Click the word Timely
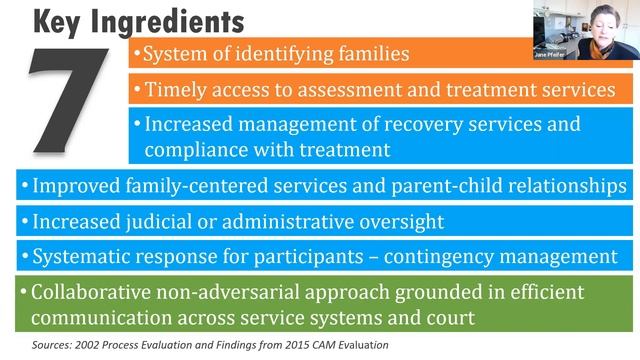[176, 89]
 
